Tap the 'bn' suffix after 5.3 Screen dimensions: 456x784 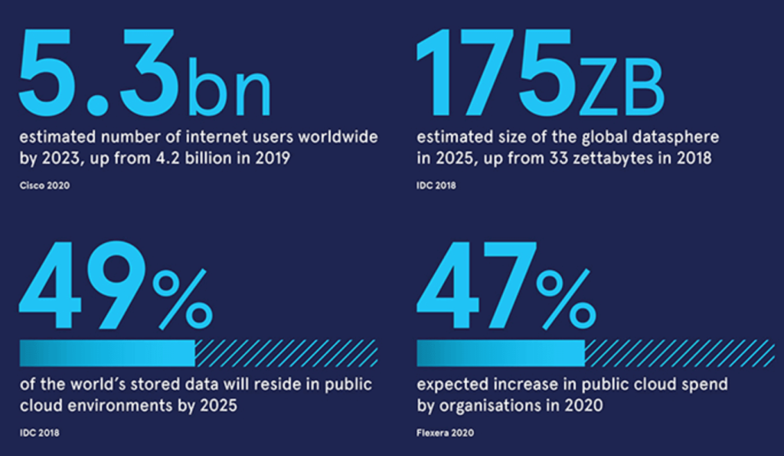227,86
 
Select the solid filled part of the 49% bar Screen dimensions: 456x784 107,353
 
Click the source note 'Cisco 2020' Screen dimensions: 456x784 44,185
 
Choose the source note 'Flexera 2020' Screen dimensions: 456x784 445,433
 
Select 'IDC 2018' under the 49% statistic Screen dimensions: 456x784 39,433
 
